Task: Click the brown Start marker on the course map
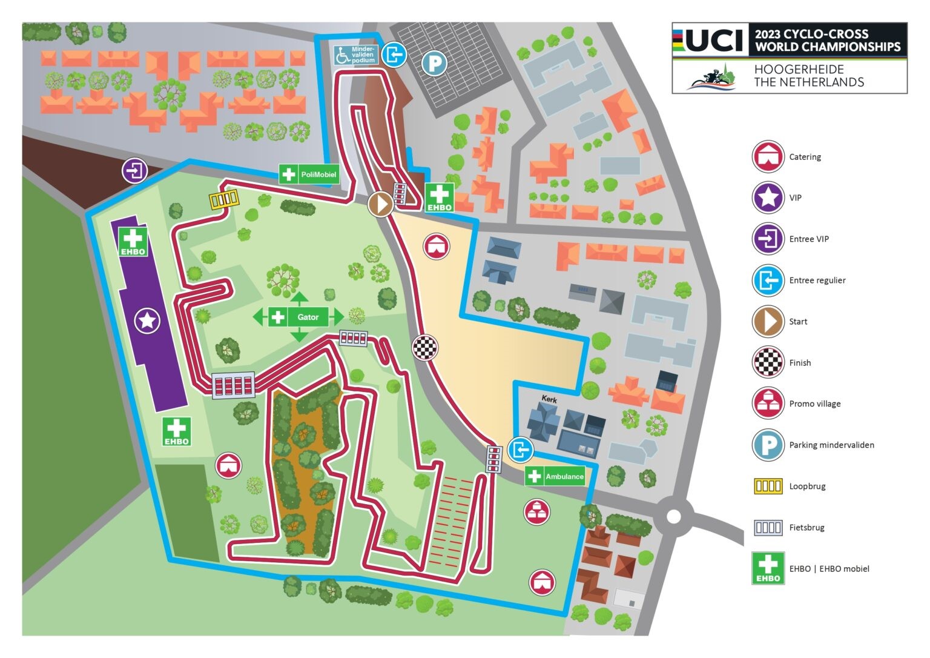tap(381, 204)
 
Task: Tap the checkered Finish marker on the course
tap(426, 347)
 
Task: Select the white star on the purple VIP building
tap(147, 320)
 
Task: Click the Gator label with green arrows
tap(308, 317)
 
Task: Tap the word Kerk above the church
tap(549, 400)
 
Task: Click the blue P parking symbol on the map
tap(434, 63)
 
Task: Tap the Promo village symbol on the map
tap(536, 513)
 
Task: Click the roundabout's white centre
tap(673, 517)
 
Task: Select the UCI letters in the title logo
tap(714, 41)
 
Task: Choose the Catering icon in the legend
tap(768, 156)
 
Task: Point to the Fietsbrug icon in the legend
tap(768, 527)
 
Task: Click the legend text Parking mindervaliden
tap(831, 445)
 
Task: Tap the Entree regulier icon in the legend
tap(768, 281)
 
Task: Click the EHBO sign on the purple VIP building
tap(133, 241)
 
